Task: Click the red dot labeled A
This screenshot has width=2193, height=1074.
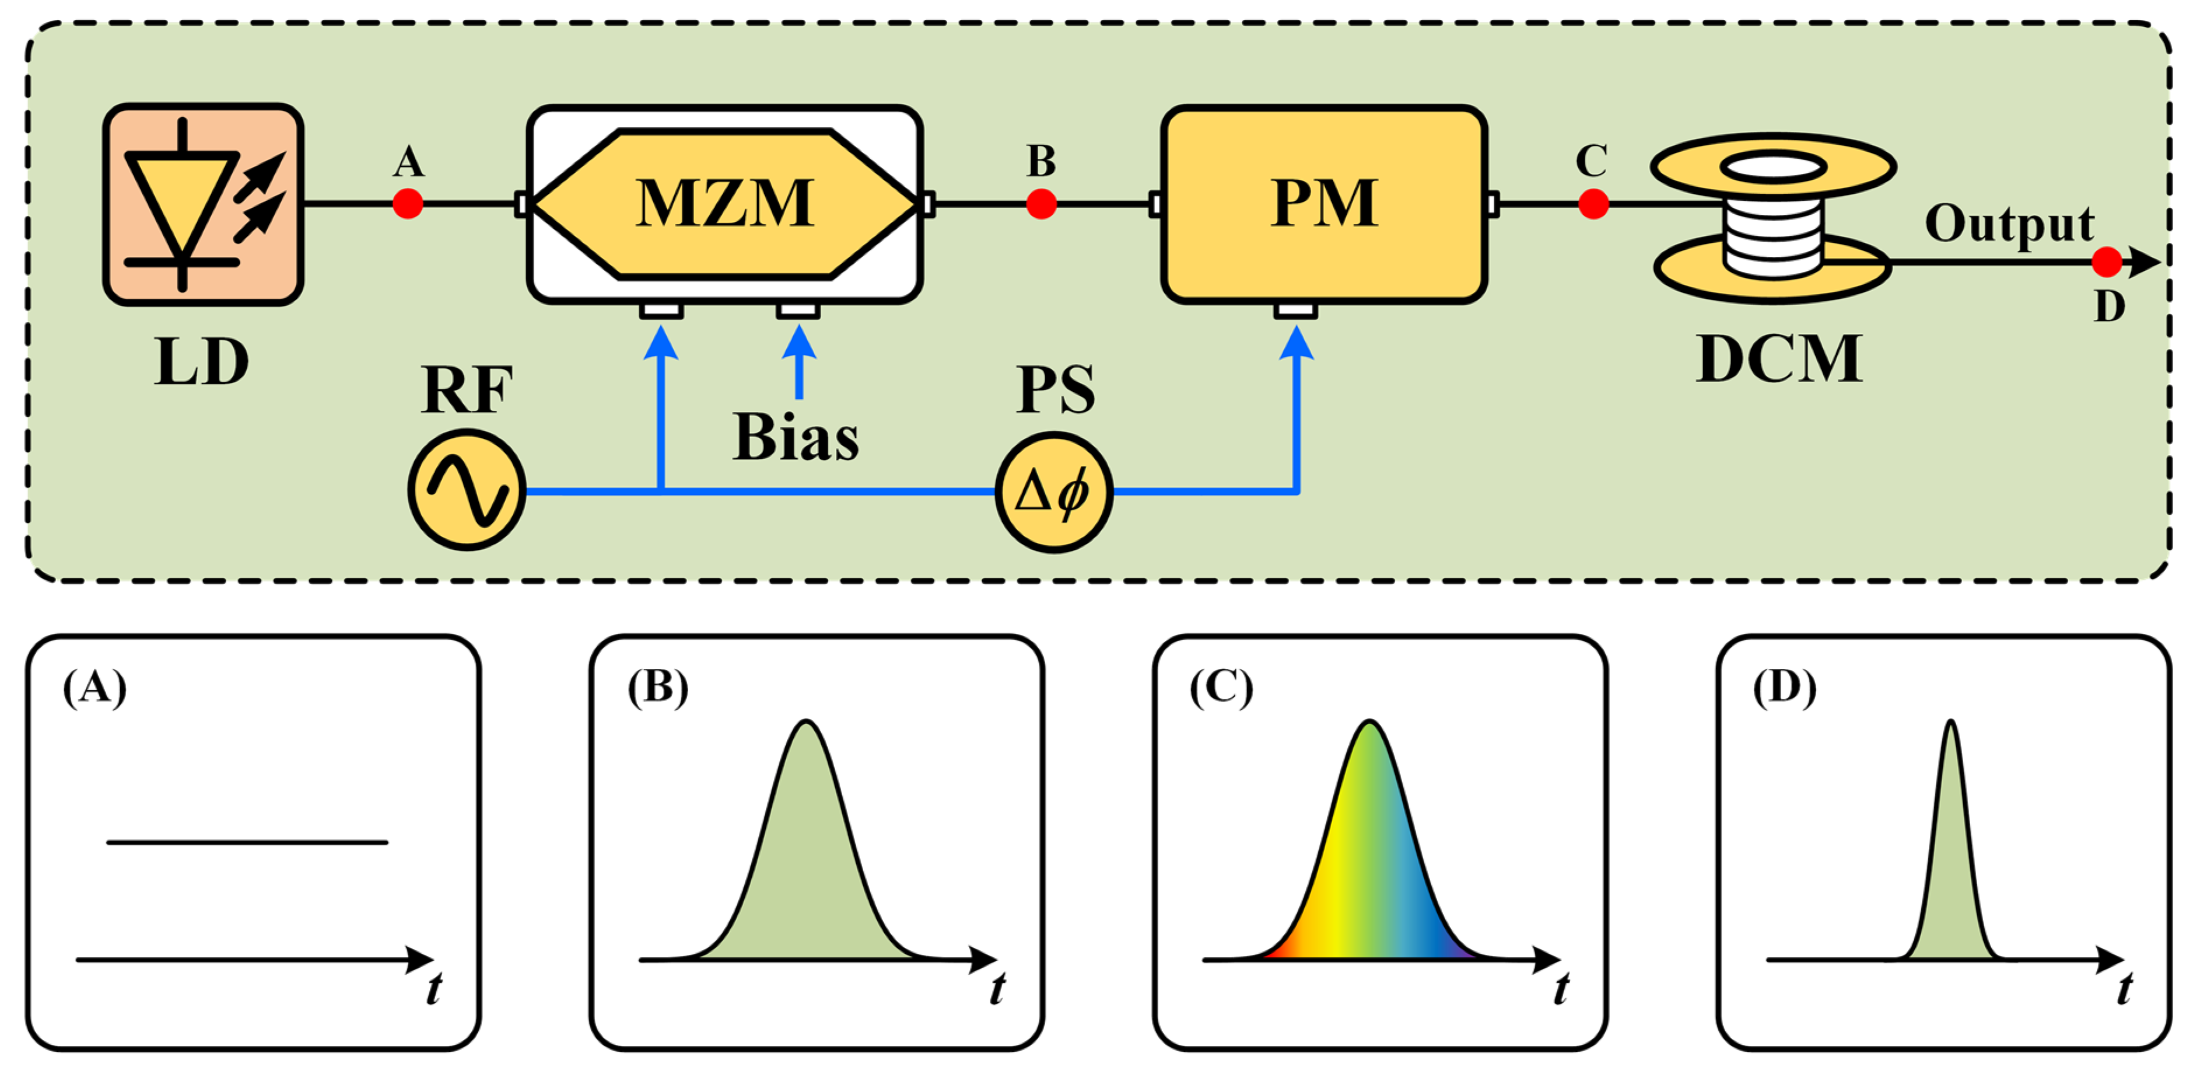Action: click(408, 204)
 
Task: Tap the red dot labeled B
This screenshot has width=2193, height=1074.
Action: click(1041, 204)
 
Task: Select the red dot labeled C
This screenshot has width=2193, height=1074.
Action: click(1593, 204)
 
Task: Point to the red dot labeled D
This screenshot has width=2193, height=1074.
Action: click(2106, 262)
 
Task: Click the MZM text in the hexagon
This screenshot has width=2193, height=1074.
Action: click(724, 204)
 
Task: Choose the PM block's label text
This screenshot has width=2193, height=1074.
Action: click(1324, 204)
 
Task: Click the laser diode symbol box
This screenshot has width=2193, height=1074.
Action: click(202, 204)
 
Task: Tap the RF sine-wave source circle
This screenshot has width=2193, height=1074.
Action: click(467, 490)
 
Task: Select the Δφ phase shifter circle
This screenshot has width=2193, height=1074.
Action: click(1054, 492)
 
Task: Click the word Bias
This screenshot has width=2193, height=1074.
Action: click(796, 438)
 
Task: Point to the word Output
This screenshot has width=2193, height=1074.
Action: click(2009, 224)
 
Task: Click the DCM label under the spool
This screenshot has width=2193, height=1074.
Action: click(1779, 360)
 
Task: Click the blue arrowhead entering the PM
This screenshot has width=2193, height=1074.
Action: click(1296, 343)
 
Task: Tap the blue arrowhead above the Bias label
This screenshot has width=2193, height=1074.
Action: click(798, 343)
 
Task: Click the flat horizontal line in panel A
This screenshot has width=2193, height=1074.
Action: click(247, 842)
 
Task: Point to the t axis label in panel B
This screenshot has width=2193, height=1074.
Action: click(997, 989)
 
